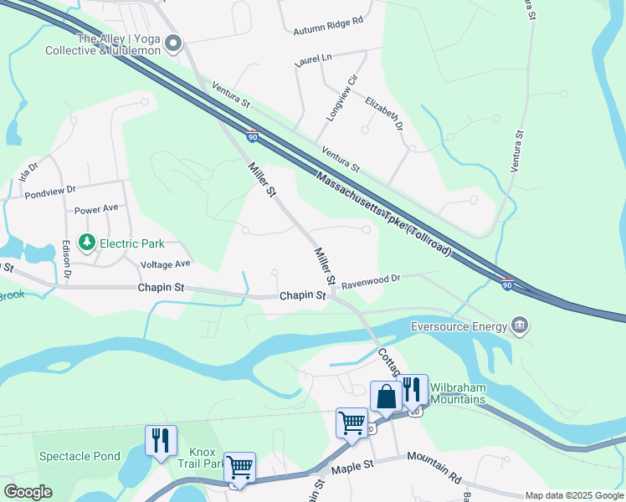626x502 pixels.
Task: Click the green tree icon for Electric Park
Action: point(86,243)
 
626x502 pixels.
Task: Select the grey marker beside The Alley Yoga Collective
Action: point(174,44)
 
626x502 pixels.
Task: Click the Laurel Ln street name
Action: point(314,59)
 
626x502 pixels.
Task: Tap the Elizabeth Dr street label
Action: point(384,114)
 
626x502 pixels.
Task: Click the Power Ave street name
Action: point(96,209)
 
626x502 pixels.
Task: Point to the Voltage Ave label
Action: point(166,264)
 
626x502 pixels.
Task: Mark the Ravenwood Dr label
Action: point(372,279)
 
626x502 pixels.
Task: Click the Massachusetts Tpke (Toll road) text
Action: point(384,213)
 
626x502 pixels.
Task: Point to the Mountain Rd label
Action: point(434,469)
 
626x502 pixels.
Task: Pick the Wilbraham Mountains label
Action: point(457,393)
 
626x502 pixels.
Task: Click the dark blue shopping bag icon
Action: point(387,397)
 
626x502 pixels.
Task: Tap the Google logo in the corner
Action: point(28,492)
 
